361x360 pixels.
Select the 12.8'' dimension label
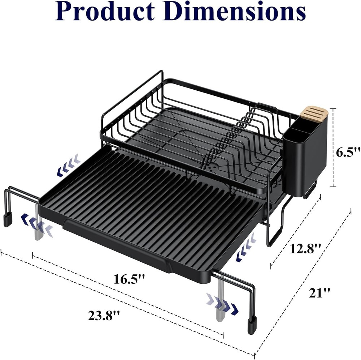click(305, 249)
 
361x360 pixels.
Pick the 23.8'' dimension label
click(104, 315)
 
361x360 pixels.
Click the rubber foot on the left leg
click(8, 219)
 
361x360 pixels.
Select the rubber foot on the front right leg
click(252, 325)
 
